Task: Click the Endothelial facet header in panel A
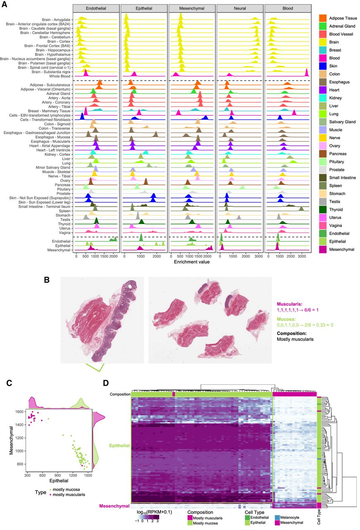coord(96,8)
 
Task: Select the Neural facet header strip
coord(240,8)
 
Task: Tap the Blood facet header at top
coord(288,8)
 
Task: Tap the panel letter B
coord(47,280)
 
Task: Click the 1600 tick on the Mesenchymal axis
coord(19,412)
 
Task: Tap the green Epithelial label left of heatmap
coord(119,446)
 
